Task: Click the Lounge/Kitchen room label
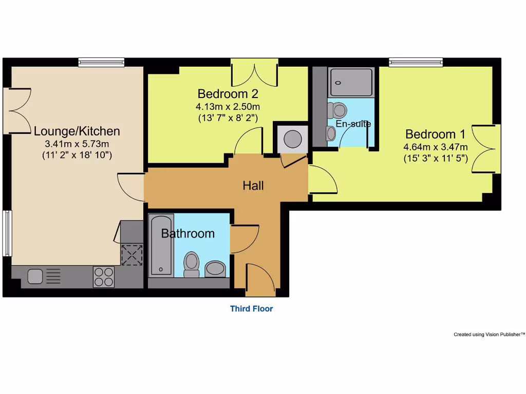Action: pos(77,131)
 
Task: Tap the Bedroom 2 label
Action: pos(228,94)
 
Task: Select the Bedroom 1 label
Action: pos(435,134)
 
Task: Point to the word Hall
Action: pos(253,186)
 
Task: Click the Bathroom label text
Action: pos(188,234)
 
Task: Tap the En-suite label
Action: pos(353,124)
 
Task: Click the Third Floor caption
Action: pos(251,309)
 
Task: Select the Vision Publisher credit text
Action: pos(489,334)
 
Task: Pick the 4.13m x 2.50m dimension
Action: pos(228,107)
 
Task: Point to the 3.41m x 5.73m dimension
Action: pos(77,144)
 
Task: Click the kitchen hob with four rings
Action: pos(104,277)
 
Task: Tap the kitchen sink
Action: pos(35,277)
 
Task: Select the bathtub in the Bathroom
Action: pos(161,245)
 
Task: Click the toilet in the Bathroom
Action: pos(192,263)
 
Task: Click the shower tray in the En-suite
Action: pos(351,82)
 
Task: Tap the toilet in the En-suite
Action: pos(339,109)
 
